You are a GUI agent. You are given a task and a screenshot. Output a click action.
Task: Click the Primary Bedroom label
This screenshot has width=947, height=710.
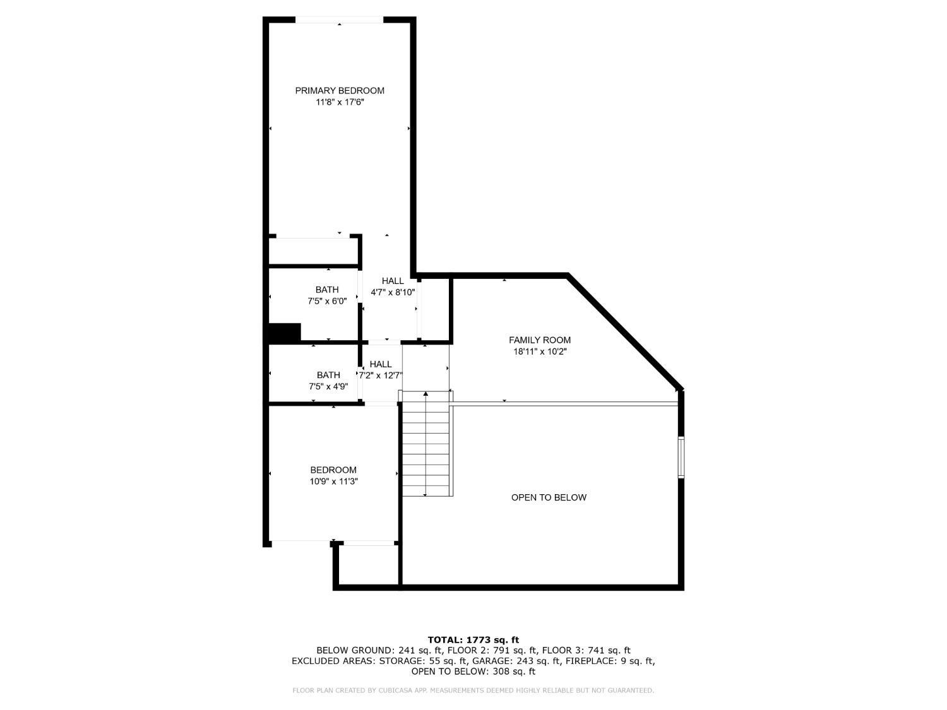(340, 91)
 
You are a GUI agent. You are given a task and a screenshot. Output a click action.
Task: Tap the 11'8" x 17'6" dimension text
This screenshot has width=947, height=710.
(340, 102)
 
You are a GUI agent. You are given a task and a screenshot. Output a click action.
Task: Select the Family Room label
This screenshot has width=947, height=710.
(540, 340)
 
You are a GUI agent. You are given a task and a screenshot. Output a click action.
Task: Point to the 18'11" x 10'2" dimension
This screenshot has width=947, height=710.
(540, 352)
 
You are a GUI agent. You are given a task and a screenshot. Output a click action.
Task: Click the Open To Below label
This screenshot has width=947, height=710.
(549, 497)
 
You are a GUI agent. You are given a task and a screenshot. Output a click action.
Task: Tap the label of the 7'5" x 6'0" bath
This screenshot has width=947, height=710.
(327, 290)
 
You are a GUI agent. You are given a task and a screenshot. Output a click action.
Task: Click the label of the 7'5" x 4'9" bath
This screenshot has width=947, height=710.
(328, 376)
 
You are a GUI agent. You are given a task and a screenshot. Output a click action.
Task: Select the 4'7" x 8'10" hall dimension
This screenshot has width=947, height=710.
(393, 292)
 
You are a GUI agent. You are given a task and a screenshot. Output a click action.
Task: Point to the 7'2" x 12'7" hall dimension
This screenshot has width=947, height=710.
(381, 376)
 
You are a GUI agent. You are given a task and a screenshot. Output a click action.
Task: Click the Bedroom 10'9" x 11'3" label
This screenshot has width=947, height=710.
(333, 470)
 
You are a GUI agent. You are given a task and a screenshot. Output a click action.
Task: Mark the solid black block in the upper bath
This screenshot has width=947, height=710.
(285, 332)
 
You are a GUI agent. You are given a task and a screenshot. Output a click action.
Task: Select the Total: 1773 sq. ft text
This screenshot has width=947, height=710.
(473, 640)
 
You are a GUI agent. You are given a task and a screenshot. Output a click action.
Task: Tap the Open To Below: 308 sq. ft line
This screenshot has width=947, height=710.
(473, 672)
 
